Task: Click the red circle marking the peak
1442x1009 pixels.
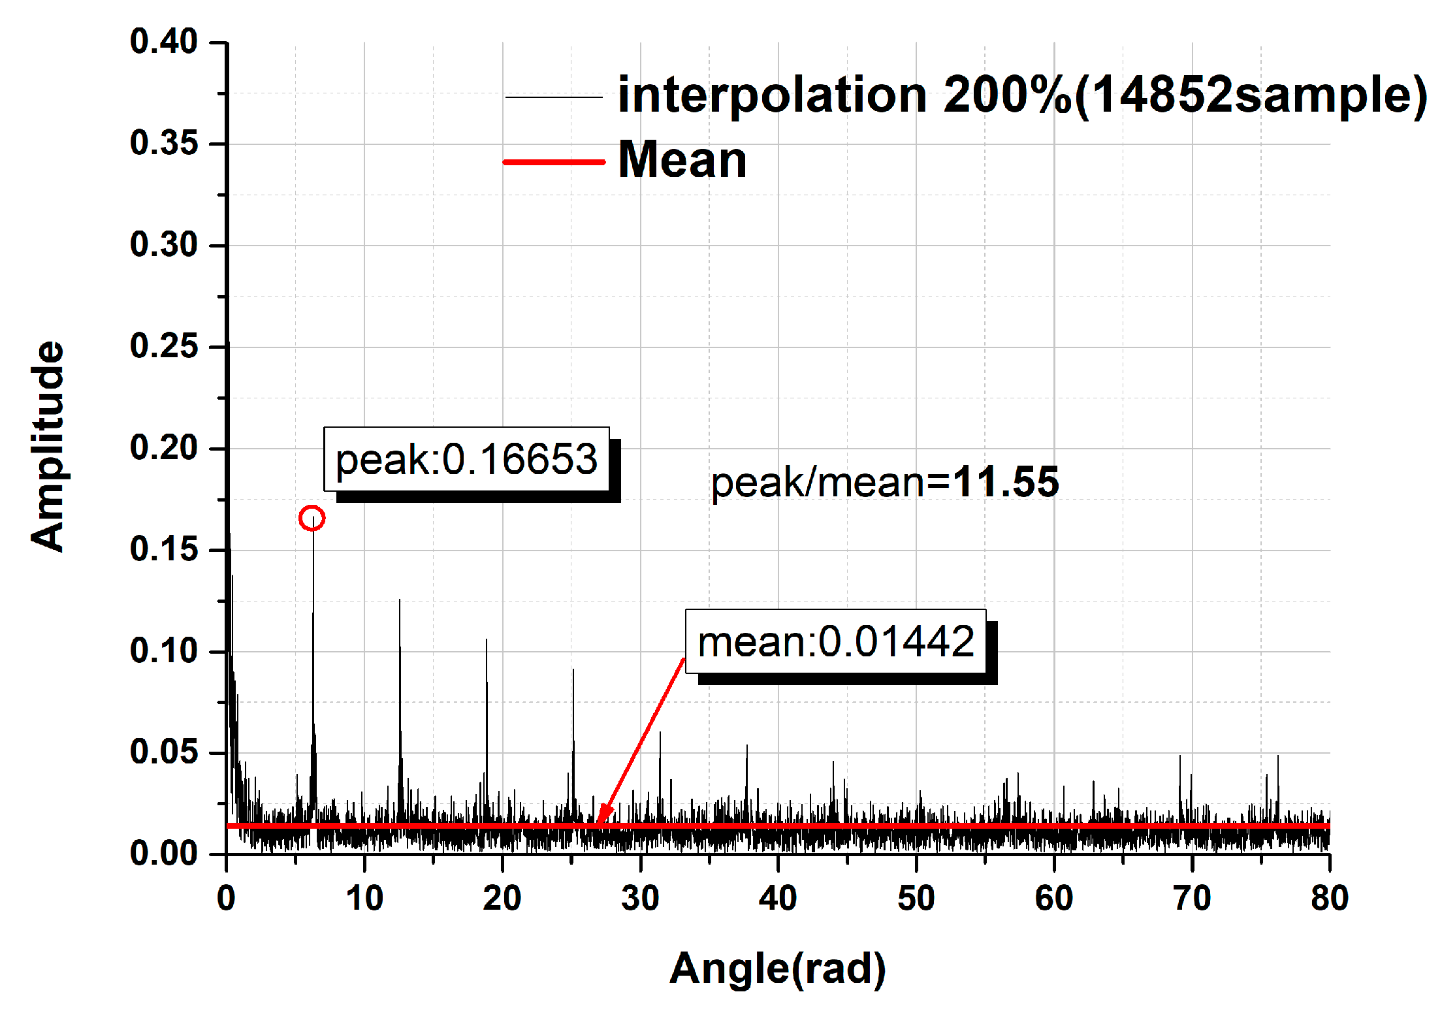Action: [x=312, y=518]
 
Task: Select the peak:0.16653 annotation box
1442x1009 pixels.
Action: [x=466, y=459]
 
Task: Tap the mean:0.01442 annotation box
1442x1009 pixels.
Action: [x=835, y=641]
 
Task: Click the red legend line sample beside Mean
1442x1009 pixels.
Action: [x=554, y=161]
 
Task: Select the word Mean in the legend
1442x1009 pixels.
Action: [x=682, y=160]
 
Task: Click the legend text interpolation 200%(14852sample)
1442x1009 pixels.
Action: [x=1022, y=95]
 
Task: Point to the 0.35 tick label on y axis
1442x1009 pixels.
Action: [x=163, y=143]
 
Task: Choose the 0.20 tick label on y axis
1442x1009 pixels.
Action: [x=163, y=448]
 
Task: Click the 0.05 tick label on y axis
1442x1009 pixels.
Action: [x=163, y=752]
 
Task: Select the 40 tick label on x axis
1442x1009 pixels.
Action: [x=777, y=898]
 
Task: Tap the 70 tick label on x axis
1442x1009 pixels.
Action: [x=1192, y=898]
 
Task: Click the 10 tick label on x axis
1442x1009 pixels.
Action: [x=364, y=898]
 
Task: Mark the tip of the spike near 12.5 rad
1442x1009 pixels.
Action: [x=400, y=600]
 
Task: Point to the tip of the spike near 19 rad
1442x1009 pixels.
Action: [x=486, y=640]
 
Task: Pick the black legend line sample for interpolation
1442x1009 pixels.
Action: [x=554, y=97]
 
